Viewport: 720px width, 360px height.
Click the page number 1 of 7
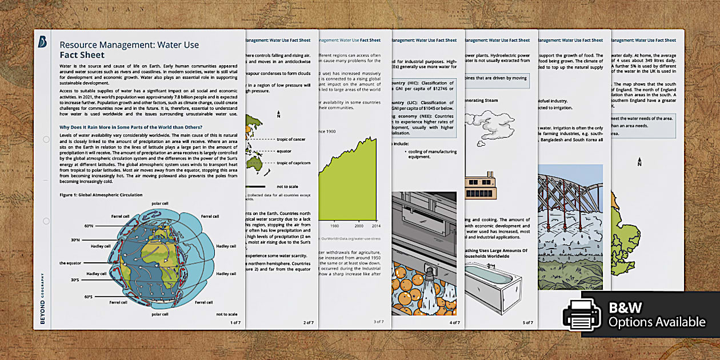click(235, 323)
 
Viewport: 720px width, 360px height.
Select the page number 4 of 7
click(454, 323)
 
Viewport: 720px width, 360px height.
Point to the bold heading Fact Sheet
click(82, 55)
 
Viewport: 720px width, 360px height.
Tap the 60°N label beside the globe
click(89, 226)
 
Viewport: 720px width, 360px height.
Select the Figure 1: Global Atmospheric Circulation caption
click(101, 195)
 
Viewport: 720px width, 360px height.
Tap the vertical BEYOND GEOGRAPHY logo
click(42, 301)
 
